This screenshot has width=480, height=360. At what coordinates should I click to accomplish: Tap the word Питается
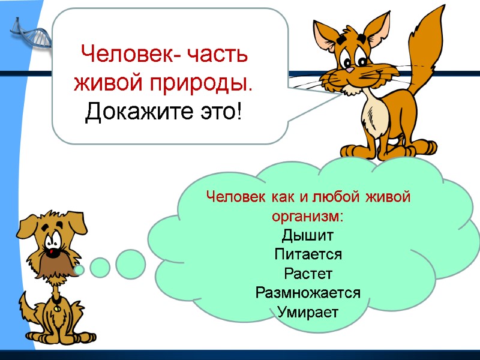tap(308, 254)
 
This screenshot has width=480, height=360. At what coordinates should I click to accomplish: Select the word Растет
tap(308, 274)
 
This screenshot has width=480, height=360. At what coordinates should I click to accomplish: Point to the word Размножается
tap(308, 293)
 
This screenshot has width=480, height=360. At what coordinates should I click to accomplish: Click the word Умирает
tap(308, 312)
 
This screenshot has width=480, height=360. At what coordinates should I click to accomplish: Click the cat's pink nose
tap(349, 70)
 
